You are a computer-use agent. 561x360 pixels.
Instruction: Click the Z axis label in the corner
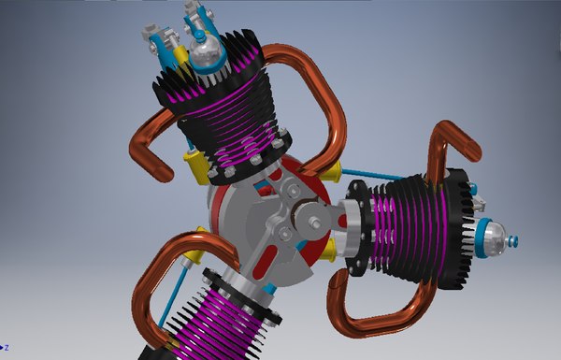pyautogui.click(x=6, y=348)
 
